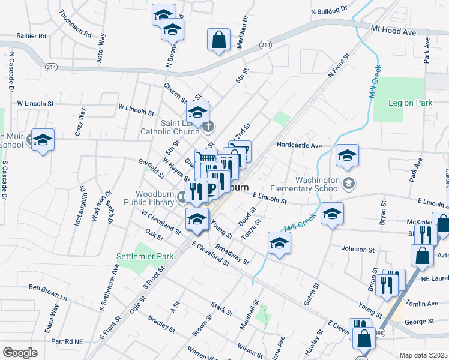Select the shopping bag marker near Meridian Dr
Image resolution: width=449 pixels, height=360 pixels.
[218, 40]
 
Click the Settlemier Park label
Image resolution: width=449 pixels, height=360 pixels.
[145, 256]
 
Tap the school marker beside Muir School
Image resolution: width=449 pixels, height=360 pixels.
[43, 140]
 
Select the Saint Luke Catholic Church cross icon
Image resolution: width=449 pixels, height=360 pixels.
[208, 126]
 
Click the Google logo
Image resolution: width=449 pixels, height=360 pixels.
[20, 352]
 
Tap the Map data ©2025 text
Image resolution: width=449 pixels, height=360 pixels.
[423, 355]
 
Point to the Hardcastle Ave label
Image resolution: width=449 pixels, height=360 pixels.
[300, 145]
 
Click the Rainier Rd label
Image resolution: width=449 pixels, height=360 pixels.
[31, 36]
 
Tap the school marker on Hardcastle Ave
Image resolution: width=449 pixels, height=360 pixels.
[346, 155]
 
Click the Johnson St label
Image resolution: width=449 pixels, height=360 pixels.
[357, 248]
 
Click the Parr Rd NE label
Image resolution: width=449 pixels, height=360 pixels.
[67, 341]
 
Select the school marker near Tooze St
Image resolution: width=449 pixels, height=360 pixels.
[279, 243]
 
